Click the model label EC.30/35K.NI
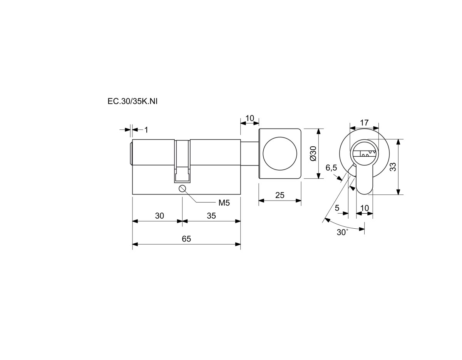[132, 101]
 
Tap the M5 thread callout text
[224, 203]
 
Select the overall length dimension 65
[186, 239]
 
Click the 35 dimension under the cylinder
[211, 216]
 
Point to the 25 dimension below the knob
[280, 195]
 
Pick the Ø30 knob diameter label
[313, 154]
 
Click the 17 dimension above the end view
[364, 123]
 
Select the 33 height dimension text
[393, 167]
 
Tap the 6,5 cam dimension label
[331, 168]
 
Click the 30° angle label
[342, 232]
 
